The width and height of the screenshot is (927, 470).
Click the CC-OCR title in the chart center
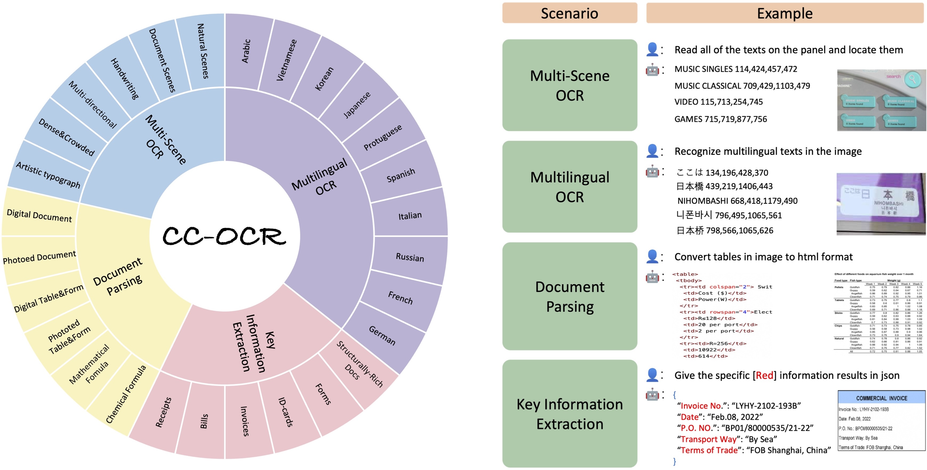(224, 236)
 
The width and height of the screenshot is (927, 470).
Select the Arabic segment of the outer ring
(246, 51)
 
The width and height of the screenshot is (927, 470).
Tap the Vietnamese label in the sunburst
(287, 60)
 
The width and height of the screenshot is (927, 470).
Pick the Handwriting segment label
(124, 79)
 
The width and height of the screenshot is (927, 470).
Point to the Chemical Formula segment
(126, 394)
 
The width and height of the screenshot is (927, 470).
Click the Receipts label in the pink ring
(163, 412)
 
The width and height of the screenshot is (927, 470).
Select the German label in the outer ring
(382, 335)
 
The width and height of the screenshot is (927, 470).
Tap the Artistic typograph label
(48, 175)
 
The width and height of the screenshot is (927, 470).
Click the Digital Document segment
(39, 216)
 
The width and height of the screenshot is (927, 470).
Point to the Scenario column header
(569, 13)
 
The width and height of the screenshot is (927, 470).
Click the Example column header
(784, 13)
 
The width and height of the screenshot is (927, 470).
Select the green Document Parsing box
(569, 296)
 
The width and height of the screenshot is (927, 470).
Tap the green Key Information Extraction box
(569, 414)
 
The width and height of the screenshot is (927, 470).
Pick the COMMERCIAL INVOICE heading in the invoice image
(881, 398)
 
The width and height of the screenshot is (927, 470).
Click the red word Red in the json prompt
(764, 376)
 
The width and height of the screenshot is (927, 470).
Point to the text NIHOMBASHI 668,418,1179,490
(737, 201)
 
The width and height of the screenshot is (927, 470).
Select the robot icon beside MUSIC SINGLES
(652, 69)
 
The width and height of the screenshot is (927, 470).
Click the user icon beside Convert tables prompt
(652, 256)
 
